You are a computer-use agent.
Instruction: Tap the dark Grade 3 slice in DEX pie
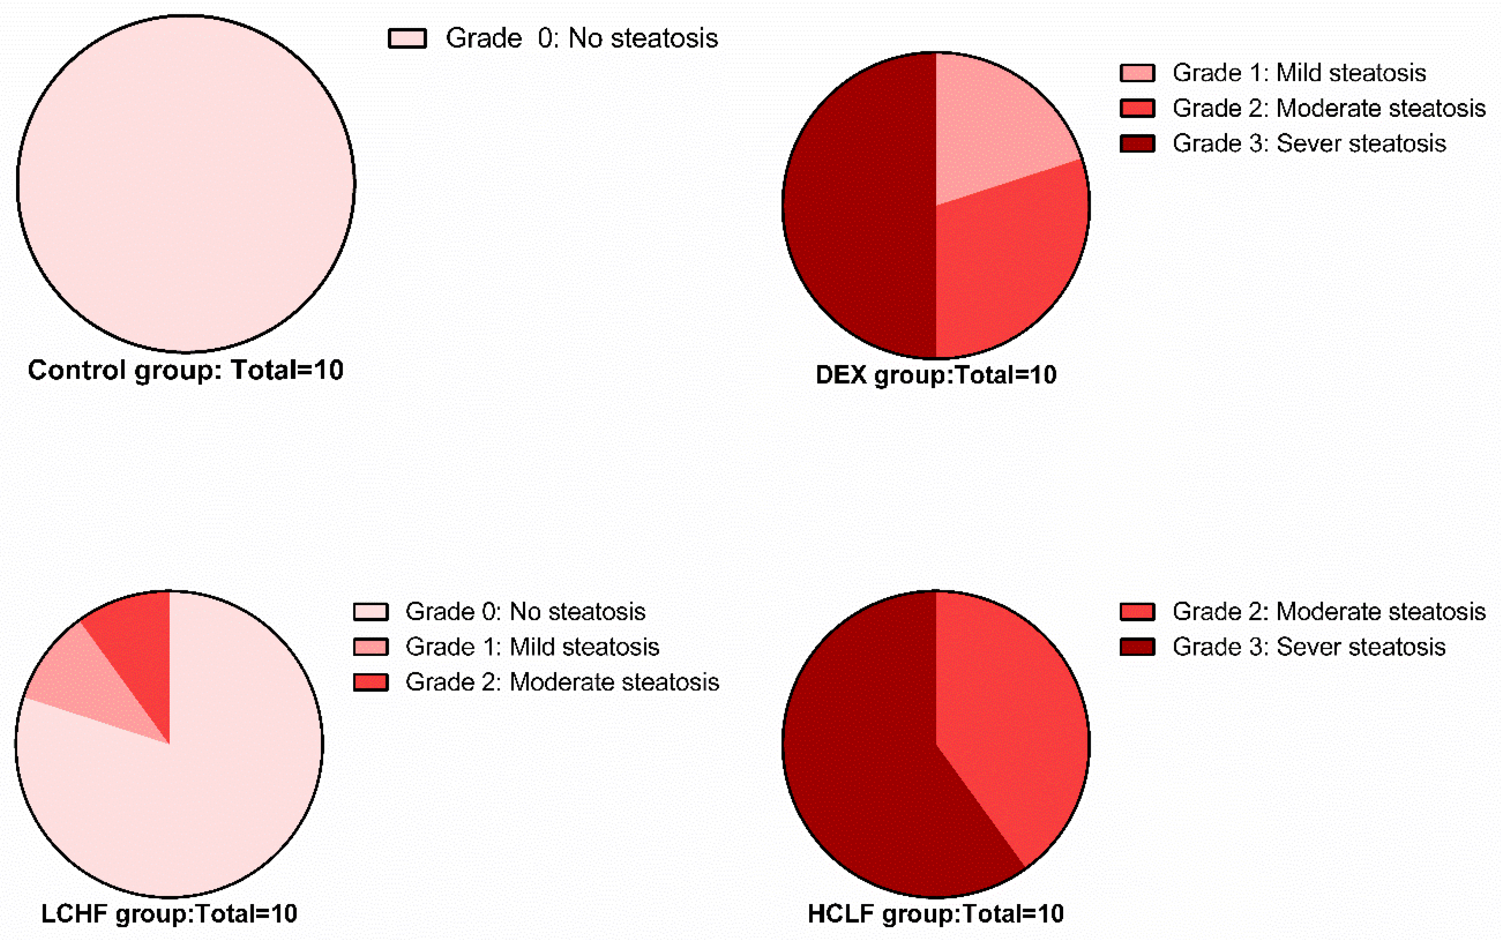click(x=858, y=205)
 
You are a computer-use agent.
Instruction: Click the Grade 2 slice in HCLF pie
click(x=1007, y=715)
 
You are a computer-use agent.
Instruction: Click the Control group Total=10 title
click(x=185, y=370)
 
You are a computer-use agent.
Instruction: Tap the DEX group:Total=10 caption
click(x=935, y=375)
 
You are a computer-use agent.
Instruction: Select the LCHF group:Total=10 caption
click(x=169, y=914)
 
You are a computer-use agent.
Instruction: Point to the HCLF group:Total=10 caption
click(x=935, y=914)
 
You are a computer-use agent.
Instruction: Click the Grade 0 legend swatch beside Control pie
click(x=407, y=39)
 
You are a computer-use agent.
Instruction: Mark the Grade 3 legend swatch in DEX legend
click(x=1137, y=144)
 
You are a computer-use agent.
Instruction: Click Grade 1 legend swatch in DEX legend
click(x=1137, y=73)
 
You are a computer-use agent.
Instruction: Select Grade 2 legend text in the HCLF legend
click(x=1329, y=612)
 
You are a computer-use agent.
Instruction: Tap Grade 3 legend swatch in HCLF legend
click(x=1137, y=647)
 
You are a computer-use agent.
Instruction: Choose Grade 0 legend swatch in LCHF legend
click(x=370, y=612)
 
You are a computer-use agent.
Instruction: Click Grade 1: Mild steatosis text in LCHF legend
click(x=532, y=647)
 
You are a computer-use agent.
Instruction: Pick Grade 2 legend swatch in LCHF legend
click(x=370, y=683)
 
